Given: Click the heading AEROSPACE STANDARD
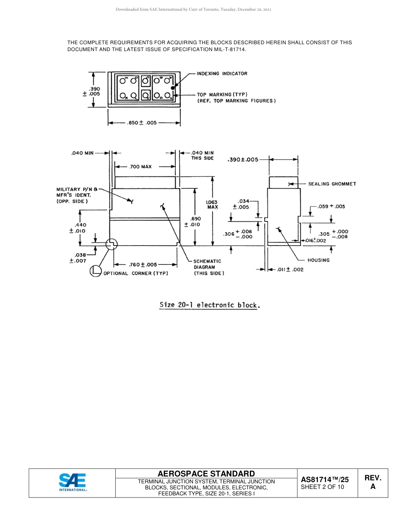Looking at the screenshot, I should [206, 474].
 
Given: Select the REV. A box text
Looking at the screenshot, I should [373, 482].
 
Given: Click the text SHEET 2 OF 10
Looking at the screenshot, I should [322, 487].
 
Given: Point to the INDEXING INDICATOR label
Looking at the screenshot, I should [222, 73].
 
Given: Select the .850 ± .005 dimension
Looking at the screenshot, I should [142, 123].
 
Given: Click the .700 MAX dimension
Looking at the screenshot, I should [141, 167].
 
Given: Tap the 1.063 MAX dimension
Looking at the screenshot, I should [212, 204].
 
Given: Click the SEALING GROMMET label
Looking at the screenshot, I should [332, 184].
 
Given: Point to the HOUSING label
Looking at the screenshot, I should [318, 260].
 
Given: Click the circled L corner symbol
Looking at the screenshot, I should [95, 271].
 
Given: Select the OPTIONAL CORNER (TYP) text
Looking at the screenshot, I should [136, 273].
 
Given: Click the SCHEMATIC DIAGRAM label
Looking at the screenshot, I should [208, 267].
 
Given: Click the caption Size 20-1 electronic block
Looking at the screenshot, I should [209, 305].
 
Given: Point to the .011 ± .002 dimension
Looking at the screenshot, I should [290, 269].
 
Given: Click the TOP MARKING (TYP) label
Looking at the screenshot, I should [222, 94].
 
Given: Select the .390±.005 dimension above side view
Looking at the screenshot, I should [243, 159].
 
